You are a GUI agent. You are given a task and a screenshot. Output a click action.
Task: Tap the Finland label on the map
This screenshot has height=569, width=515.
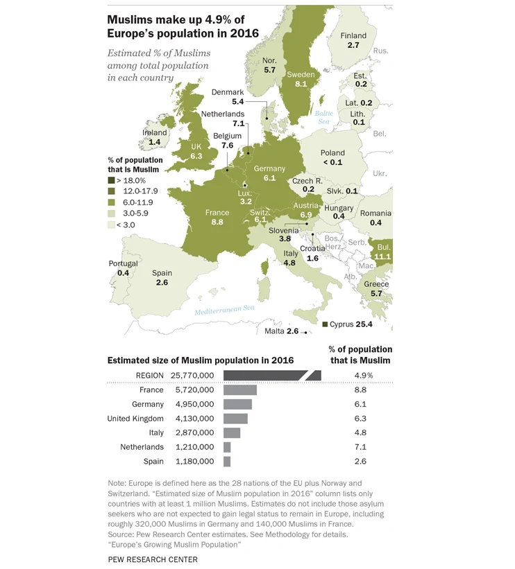[353, 36]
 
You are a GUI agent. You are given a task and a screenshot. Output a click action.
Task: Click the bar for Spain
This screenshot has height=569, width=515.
[227, 461]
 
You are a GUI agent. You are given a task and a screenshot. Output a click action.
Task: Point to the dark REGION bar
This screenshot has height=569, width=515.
[271, 376]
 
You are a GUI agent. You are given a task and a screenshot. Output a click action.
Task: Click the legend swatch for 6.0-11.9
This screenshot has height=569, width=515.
[112, 202]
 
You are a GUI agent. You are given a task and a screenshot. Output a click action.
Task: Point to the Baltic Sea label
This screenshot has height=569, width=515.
[324, 117]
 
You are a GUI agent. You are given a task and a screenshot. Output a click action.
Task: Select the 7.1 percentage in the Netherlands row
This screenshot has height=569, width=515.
[360, 447]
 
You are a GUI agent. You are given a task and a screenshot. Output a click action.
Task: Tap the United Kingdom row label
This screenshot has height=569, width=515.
[135, 419]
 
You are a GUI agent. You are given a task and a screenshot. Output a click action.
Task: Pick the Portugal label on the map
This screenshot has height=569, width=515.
[123, 264]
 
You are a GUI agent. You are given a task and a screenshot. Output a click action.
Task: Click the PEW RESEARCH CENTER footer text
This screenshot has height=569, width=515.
[153, 559]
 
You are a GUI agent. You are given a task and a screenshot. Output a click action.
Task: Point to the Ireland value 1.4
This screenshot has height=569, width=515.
[155, 142]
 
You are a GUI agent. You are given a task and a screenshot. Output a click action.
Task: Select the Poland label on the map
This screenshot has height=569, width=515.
[332, 153]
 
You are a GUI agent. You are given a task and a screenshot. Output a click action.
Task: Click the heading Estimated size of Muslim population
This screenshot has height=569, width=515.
[200, 360]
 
